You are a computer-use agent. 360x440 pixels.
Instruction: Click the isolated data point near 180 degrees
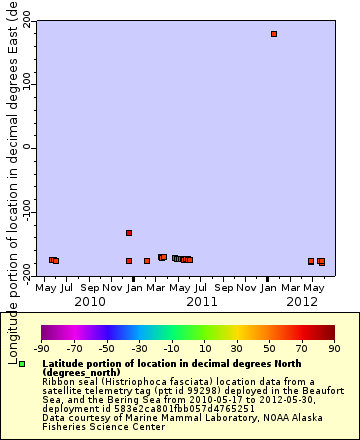[x=274, y=34]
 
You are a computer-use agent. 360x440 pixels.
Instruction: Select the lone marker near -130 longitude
[x=129, y=233]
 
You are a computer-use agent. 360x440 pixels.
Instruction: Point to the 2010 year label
[x=90, y=300]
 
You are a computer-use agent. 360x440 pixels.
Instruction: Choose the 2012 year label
[x=302, y=300]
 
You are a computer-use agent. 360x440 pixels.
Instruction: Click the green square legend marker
[x=22, y=365]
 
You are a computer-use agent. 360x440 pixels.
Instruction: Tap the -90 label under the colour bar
[x=41, y=348]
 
